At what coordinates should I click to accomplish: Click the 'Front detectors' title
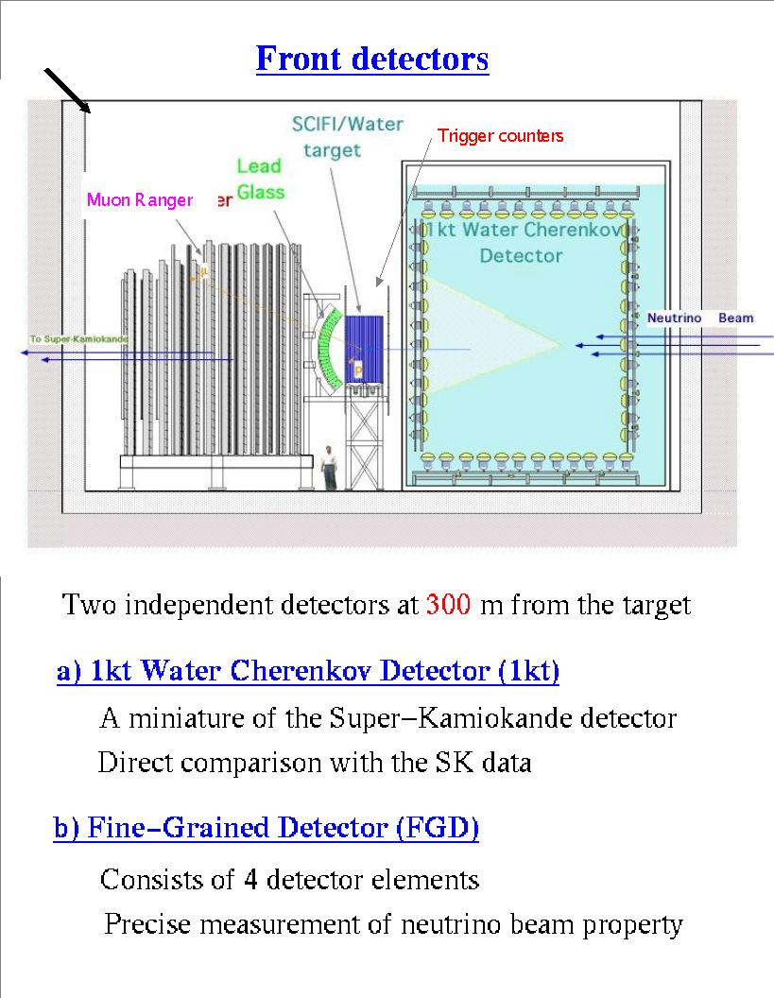[x=372, y=59]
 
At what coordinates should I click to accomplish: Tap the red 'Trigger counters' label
[x=500, y=136]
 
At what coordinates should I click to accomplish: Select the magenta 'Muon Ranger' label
[x=140, y=200]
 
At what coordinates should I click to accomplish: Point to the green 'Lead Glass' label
[x=259, y=179]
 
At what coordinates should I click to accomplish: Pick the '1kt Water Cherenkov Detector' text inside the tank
[x=520, y=243]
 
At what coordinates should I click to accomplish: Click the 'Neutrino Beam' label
[x=699, y=318]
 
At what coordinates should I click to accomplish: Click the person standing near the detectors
[x=328, y=467]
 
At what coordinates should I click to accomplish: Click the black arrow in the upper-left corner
[x=67, y=92]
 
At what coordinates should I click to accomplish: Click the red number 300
[x=449, y=604]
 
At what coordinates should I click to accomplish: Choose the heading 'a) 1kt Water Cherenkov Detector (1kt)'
[x=308, y=672]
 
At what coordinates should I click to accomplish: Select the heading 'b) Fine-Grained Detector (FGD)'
[x=267, y=829]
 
